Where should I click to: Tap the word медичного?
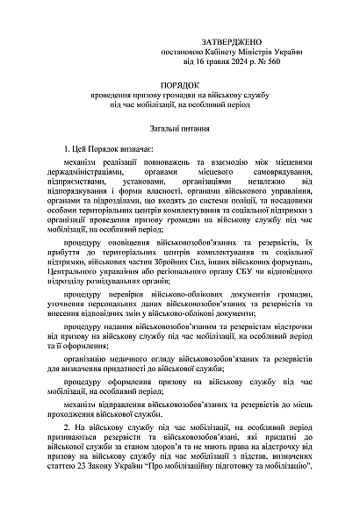[x=145, y=359]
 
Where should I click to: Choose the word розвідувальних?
[x=120, y=283]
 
